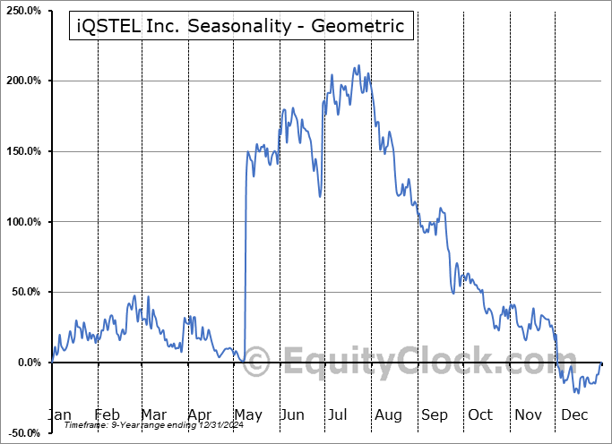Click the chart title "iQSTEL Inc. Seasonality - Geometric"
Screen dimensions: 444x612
[241, 26]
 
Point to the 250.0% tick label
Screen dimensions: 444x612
[22, 11]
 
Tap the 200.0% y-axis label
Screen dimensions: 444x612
[22, 81]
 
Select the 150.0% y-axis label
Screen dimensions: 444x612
[22, 151]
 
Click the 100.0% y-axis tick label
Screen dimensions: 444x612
[22, 222]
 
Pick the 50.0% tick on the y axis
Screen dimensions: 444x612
[25, 292]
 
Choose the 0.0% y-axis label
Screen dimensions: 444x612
[28, 363]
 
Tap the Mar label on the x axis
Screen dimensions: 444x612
[152, 414]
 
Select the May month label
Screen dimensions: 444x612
[247, 414]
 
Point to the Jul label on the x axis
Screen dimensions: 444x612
[340, 414]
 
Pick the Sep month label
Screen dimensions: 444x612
[434, 414]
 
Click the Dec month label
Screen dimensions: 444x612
[573, 414]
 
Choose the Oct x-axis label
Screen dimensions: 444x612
[480, 414]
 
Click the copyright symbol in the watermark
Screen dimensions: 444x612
[257, 363]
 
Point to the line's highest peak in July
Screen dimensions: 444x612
[358, 65]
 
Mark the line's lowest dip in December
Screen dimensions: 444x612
[579, 392]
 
